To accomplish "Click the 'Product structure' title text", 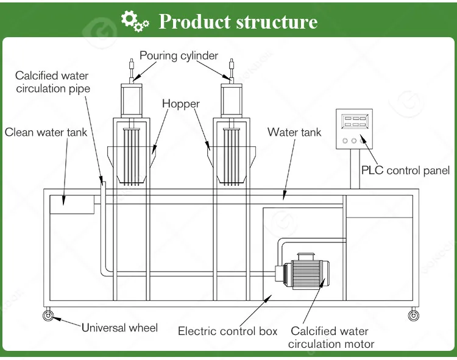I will (x=238, y=22).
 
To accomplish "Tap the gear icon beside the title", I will (x=134, y=21).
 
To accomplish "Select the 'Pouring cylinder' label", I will (x=179, y=56).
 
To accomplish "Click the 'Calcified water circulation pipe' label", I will (x=52, y=82).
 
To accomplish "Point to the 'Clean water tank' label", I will (x=46, y=132).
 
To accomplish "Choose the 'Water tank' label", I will (x=294, y=132).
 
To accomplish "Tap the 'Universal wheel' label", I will (x=119, y=328).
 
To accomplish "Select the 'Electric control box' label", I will (x=227, y=331).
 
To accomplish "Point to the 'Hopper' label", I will (x=180, y=104).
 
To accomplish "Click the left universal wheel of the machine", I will (x=47, y=315).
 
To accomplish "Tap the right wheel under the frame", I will (x=413, y=315).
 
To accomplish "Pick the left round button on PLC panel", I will (x=345, y=140).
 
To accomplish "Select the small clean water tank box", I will (x=71, y=204).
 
